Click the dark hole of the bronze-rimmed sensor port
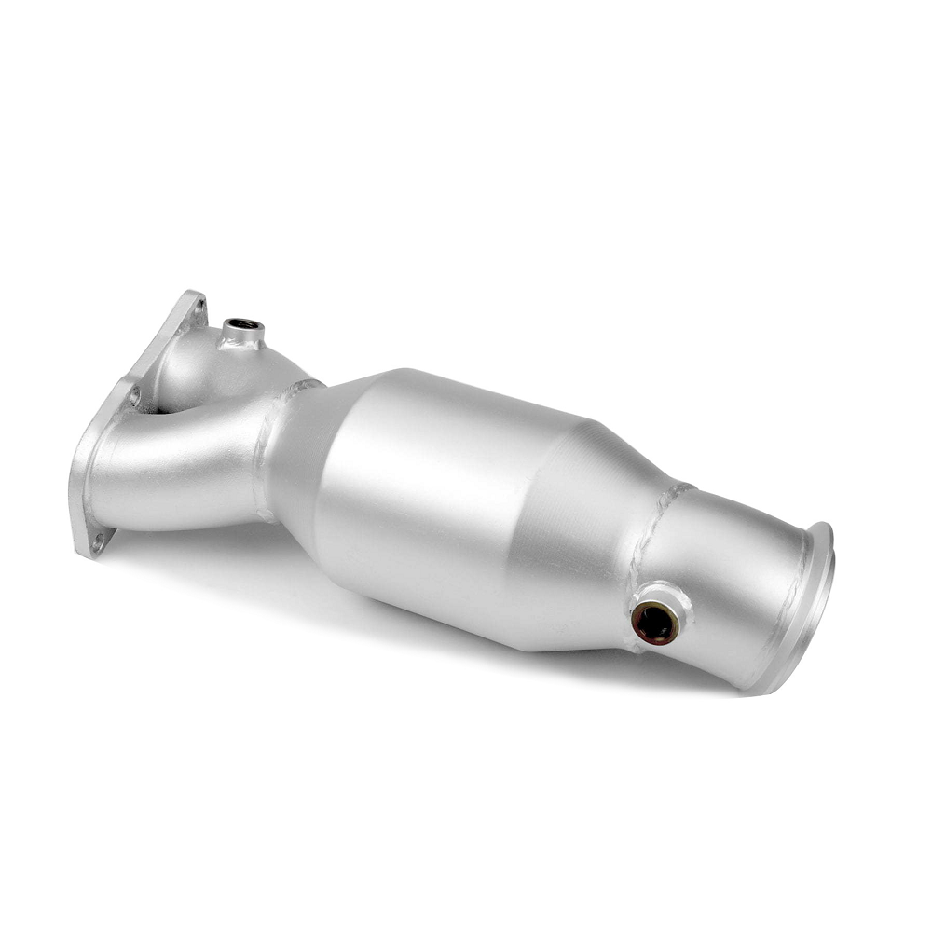coord(655,623)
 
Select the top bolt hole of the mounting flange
coord(198,306)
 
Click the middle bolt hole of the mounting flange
coord(134,395)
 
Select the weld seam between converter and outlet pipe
coord(652,531)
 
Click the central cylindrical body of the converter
coord(447,494)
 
